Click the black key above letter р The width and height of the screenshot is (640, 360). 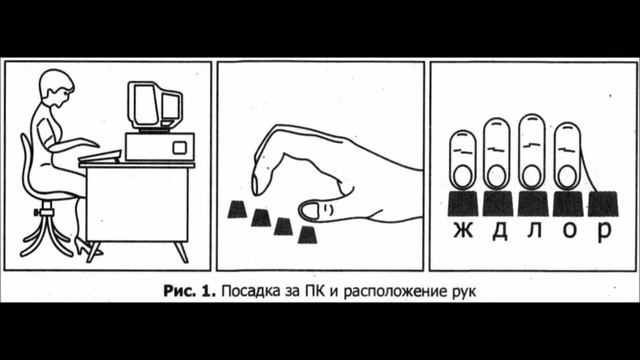pos(603,203)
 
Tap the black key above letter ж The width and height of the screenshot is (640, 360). pos(463,203)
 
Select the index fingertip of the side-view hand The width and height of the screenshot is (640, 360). pos(259,186)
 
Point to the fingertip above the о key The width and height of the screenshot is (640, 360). pos(568,176)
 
